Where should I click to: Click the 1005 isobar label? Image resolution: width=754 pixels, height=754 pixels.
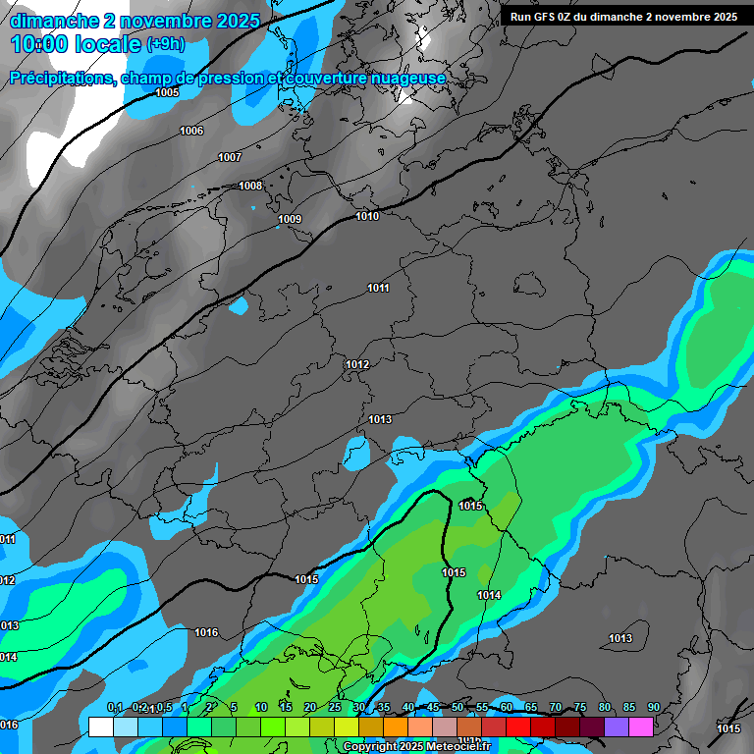coord(167,92)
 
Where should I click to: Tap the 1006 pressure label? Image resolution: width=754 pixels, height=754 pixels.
coord(191,131)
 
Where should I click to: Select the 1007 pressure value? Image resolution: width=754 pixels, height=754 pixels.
coord(230,157)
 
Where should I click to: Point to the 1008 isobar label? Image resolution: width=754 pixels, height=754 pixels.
coord(250,186)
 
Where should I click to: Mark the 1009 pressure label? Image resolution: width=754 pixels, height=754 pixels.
coord(290,219)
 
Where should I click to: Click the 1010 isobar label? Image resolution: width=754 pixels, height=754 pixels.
coord(367,216)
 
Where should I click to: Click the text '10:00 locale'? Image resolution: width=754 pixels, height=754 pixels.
coord(76,43)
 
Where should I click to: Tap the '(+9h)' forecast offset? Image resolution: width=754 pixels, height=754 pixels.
coord(165,44)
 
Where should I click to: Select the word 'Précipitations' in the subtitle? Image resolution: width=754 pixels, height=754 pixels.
coord(61,78)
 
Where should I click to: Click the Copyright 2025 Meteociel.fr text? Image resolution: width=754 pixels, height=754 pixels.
coord(416,746)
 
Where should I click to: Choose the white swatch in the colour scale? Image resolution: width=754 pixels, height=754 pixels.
coord(100,727)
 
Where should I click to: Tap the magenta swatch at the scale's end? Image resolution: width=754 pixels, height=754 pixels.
coord(641,727)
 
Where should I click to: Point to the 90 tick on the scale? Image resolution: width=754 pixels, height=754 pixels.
coord(653,708)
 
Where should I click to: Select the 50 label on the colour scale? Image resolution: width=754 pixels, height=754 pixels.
coord(458,708)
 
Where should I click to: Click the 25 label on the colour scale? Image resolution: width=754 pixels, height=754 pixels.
coord(335,708)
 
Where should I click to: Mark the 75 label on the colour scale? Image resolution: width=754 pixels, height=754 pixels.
coord(580,708)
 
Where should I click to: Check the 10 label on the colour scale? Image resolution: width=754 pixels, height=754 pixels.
coord(261,708)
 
